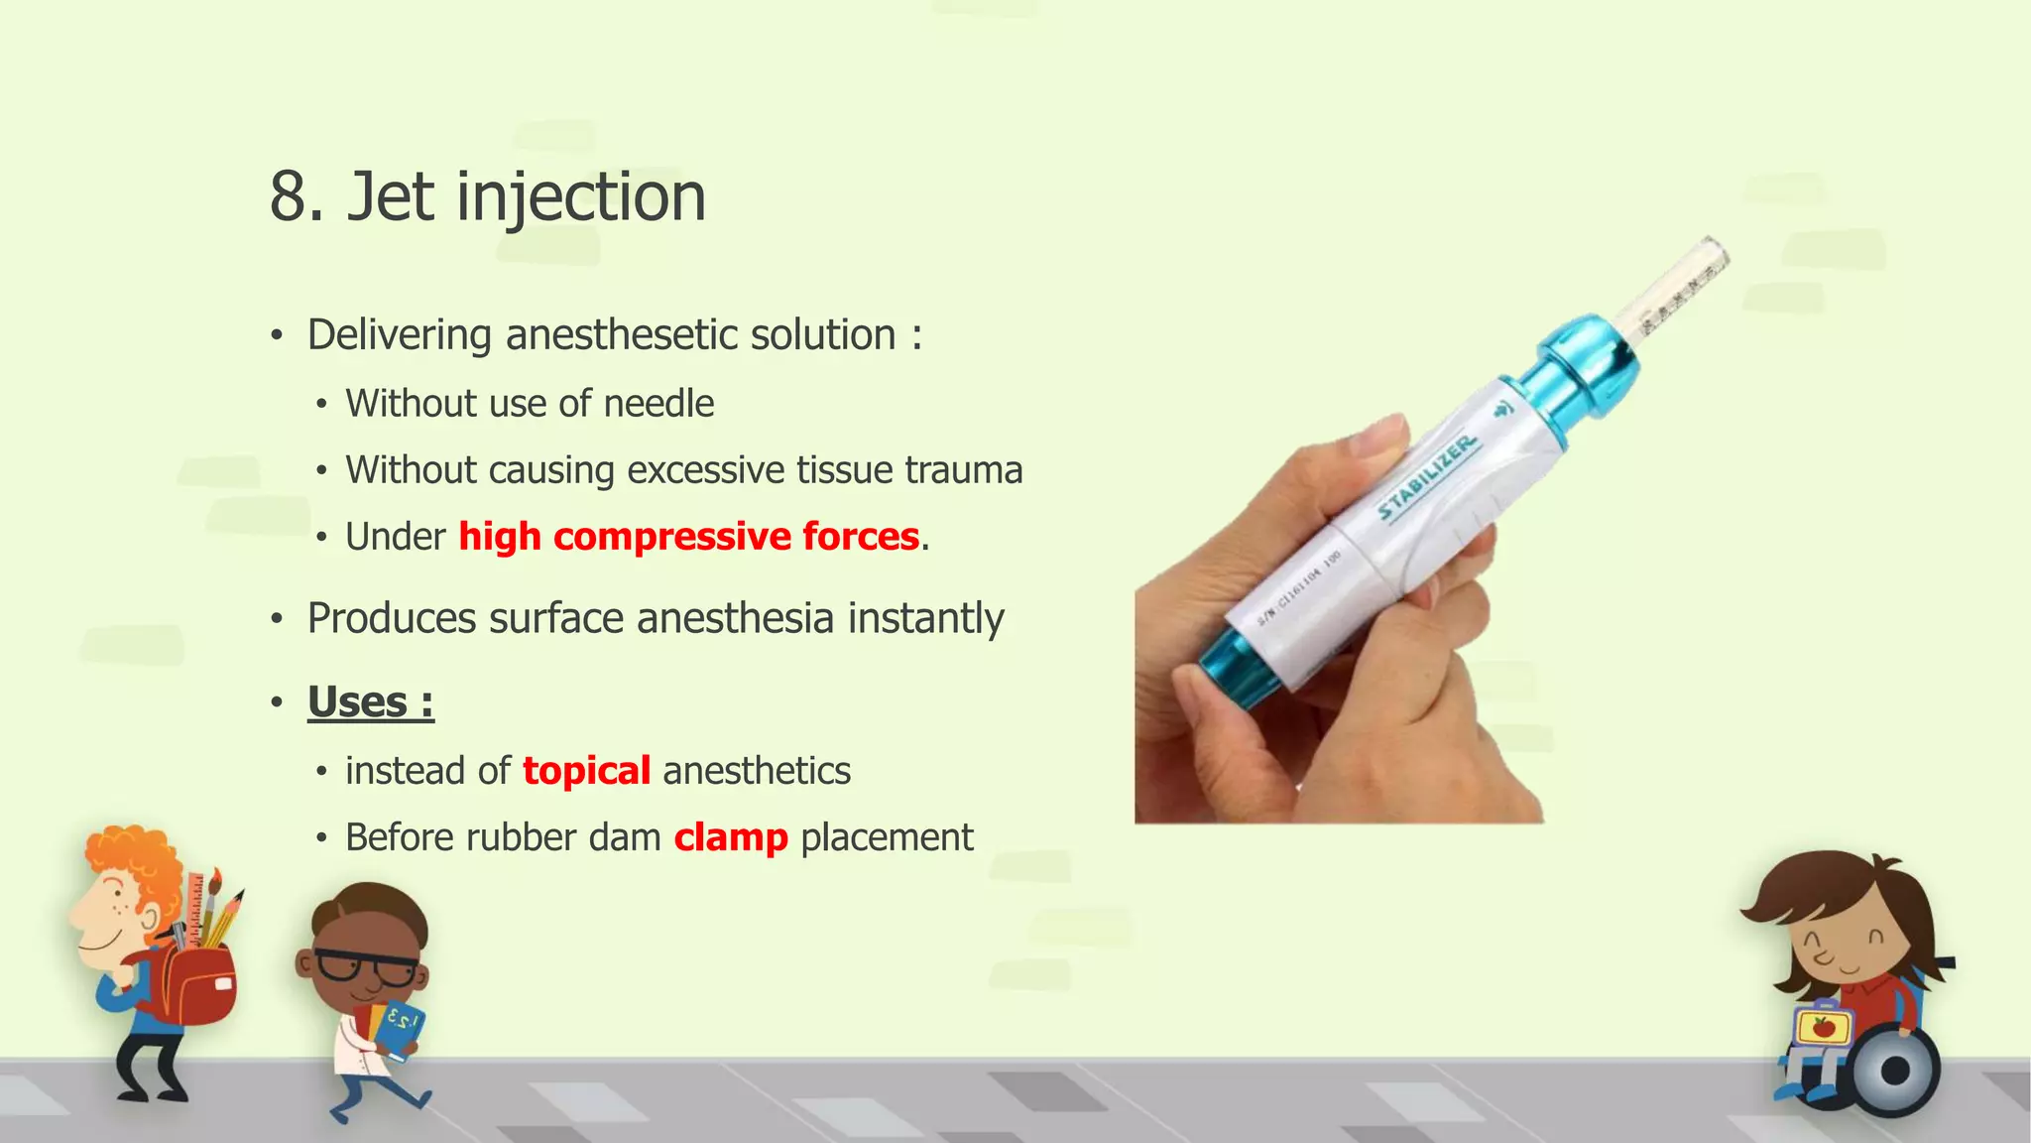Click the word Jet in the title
tap(391, 196)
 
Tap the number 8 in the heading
tap(289, 196)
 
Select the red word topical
tap(586, 771)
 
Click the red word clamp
tap(731, 837)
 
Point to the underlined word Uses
tap(357, 701)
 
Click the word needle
tap(658, 404)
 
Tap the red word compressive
tap(671, 537)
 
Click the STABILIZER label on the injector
tap(1428, 477)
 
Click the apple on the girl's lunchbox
tap(1823, 1027)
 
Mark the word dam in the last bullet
tap(625, 837)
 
